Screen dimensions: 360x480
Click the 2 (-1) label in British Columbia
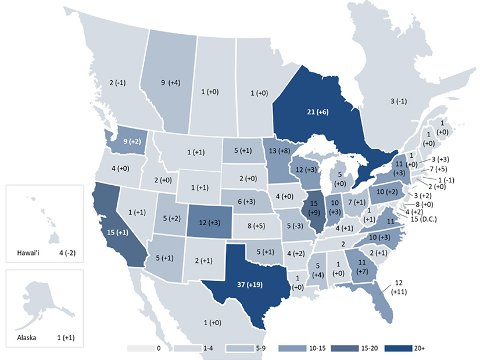pyautogui.click(x=120, y=83)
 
